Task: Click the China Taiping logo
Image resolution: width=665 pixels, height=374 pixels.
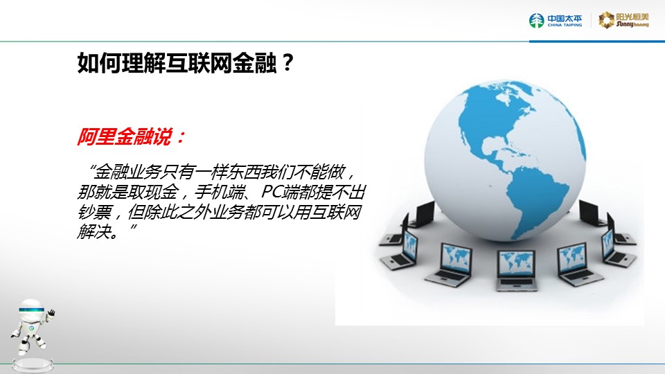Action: click(x=555, y=20)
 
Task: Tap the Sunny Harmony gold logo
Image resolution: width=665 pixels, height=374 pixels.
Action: click(x=623, y=20)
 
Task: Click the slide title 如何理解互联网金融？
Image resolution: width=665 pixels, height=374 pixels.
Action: click(x=186, y=63)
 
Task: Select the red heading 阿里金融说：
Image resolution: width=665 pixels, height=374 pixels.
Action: click(x=131, y=136)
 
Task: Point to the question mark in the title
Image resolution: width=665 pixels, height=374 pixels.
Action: click(x=287, y=63)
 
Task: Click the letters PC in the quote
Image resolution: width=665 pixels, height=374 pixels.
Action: click(x=272, y=192)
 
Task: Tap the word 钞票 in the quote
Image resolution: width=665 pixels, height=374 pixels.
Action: click(x=94, y=212)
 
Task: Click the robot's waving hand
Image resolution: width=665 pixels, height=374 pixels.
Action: click(x=51, y=313)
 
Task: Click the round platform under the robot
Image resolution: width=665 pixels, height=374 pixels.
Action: click(x=33, y=366)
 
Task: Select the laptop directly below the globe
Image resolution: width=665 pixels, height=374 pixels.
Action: click(x=516, y=269)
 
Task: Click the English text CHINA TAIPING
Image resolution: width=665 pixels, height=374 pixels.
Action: click(x=565, y=26)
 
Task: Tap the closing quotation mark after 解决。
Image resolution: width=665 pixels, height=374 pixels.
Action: click(x=133, y=227)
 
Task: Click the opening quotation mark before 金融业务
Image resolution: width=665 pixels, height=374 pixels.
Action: click(x=91, y=168)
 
